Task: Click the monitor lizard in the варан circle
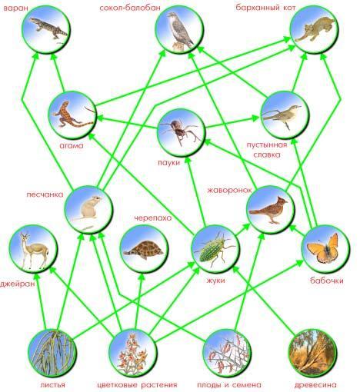point(48,28)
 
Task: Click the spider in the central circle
point(180,131)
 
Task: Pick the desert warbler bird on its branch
point(283,115)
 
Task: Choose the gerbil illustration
point(88,208)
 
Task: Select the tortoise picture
point(144,250)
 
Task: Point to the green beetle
point(215,249)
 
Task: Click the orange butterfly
point(324,248)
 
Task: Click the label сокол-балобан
point(130,8)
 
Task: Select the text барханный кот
point(265,8)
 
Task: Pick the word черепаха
point(153,218)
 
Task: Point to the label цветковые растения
point(137,384)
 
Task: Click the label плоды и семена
point(229,384)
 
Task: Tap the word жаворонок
point(229,191)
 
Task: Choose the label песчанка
point(45,194)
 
